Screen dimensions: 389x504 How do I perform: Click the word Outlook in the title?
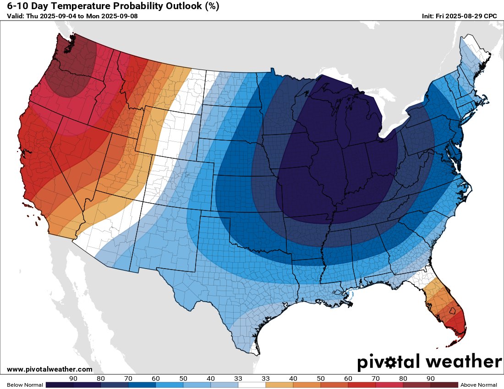coord(180,6)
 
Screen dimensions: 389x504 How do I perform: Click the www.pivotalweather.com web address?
coord(49,369)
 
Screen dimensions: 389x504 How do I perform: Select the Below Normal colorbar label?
coord(22,385)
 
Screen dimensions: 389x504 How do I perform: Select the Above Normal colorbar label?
coord(478,385)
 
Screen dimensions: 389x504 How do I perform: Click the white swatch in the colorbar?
coord(252,385)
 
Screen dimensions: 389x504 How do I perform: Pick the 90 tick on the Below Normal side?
coord(73,378)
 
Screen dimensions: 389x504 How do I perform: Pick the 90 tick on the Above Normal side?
coord(430,378)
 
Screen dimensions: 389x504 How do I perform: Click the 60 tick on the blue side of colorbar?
coord(155,378)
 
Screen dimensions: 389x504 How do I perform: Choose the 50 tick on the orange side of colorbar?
coord(320,378)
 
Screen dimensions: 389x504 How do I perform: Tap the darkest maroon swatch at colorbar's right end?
coord(444,385)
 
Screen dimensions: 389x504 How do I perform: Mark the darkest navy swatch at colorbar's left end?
coord(59,385)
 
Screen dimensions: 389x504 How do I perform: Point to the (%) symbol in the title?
coord(212,6)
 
